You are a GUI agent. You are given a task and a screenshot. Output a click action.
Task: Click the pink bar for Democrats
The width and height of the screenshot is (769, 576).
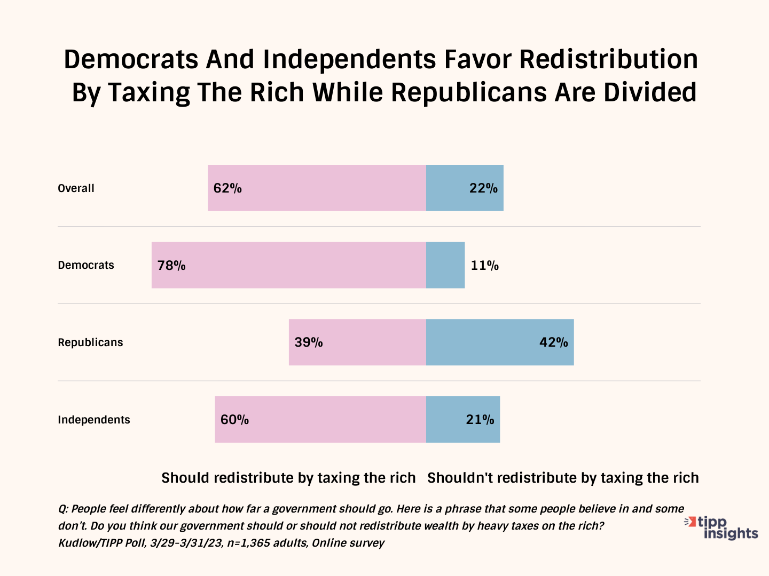click(299, 265)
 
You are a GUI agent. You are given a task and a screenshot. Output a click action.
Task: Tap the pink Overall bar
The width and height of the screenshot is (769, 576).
click(331, 188)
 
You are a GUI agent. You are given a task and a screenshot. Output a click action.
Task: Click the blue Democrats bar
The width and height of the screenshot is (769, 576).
click(445, 265)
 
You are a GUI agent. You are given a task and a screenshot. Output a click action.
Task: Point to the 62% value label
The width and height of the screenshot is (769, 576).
click(227, 188)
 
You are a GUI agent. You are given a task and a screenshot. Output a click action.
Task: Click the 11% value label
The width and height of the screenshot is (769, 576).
click(484, 266)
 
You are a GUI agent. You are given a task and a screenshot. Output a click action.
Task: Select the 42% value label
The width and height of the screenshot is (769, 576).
click(553, 342)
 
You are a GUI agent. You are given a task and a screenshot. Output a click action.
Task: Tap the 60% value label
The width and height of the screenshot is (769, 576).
click(234, 420)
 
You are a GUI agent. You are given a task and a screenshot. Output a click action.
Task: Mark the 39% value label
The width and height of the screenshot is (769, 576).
click(309, 342)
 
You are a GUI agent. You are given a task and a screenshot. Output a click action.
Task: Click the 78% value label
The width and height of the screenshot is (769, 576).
click(171, 266)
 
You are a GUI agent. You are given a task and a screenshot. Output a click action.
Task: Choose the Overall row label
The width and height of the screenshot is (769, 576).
click(76, 188)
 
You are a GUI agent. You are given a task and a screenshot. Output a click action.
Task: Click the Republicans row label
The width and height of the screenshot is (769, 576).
click(90, 342)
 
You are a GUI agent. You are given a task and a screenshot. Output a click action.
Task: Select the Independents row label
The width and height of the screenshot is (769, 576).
click(94, 420)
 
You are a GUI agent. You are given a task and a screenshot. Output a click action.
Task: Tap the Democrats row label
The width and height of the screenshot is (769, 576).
click(86, 265)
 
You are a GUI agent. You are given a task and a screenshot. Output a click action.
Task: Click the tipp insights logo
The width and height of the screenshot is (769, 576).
click(722, 527)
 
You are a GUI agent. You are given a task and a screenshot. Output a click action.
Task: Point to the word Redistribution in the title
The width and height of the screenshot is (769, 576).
click(608, 59)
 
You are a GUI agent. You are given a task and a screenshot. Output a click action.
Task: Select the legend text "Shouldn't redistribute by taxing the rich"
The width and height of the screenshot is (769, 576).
click(563, 478)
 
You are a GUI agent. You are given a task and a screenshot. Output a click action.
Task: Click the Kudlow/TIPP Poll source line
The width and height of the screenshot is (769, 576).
click(221, 543)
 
